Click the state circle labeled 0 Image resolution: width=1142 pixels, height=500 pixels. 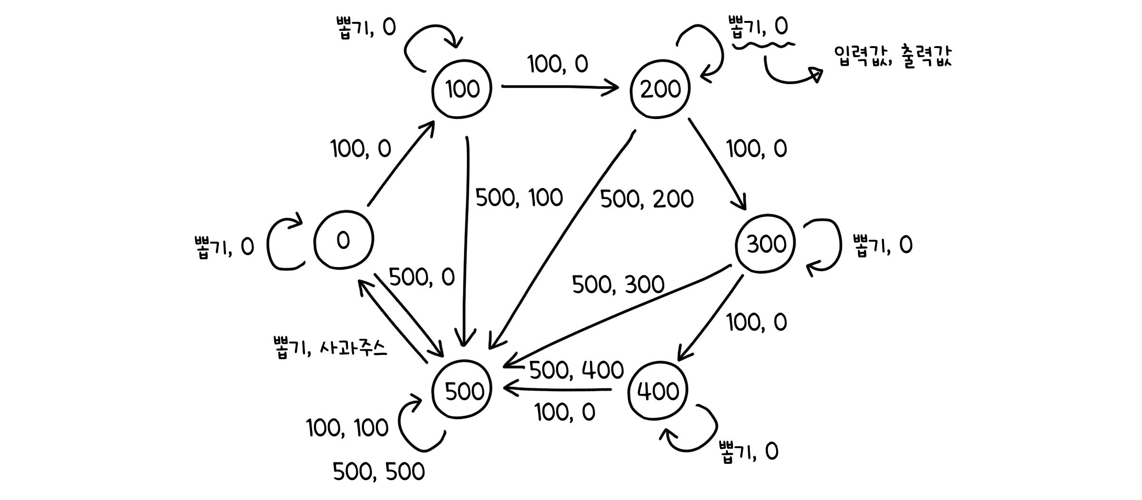click(344, 240)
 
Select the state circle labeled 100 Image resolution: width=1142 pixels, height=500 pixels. click(462, 89)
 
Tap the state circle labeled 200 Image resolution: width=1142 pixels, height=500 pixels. click(660, 89)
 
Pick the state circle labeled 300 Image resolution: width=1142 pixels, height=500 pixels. click(766, 244)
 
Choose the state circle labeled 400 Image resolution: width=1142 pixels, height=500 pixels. click(658, 391)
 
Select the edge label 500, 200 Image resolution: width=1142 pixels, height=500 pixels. click(647, 199)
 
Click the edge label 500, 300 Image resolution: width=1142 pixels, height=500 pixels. click(618, 284)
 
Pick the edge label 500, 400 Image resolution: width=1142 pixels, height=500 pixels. click(576, 370)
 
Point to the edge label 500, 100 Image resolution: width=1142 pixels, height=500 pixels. click(519, 197)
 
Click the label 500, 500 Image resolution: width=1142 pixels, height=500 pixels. click(379, 472)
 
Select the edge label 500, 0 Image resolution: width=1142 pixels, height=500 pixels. click(422, 277)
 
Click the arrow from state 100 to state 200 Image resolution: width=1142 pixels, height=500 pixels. click(559, 87)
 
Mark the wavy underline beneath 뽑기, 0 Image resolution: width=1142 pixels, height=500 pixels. click(764, 45)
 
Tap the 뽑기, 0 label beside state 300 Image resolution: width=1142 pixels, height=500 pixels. click(883, 245)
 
